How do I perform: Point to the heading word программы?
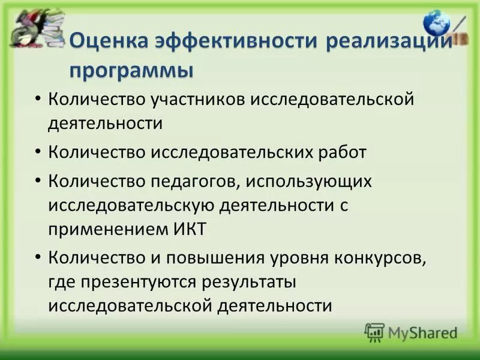[x=131, y=70]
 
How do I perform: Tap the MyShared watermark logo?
[x=411, y=332]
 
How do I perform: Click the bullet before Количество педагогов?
[x=38, y=180]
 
